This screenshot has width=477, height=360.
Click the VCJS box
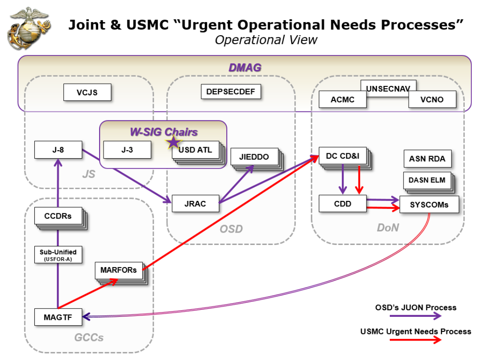click(87, 93)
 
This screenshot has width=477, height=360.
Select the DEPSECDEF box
click(231, 92)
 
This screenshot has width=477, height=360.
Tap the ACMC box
click(343, 100)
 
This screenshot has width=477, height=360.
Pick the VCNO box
click(432, 100)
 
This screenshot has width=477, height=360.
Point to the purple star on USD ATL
click(174, 142)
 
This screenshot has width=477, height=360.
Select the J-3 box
click(127, 150)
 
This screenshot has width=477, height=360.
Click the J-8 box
click(59, 149)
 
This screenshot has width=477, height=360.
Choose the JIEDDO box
click(254, 156)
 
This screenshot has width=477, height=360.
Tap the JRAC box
click(195, 204)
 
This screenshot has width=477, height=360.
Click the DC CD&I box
click(343, 156)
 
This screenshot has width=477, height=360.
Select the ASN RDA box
click(427, 159)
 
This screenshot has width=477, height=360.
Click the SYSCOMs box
click(429, 204)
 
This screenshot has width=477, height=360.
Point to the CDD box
click(343, 204)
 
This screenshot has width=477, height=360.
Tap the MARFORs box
click(119, 270)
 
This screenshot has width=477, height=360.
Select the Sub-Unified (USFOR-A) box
click(58, 255)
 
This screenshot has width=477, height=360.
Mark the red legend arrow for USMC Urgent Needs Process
click(417, 340)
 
